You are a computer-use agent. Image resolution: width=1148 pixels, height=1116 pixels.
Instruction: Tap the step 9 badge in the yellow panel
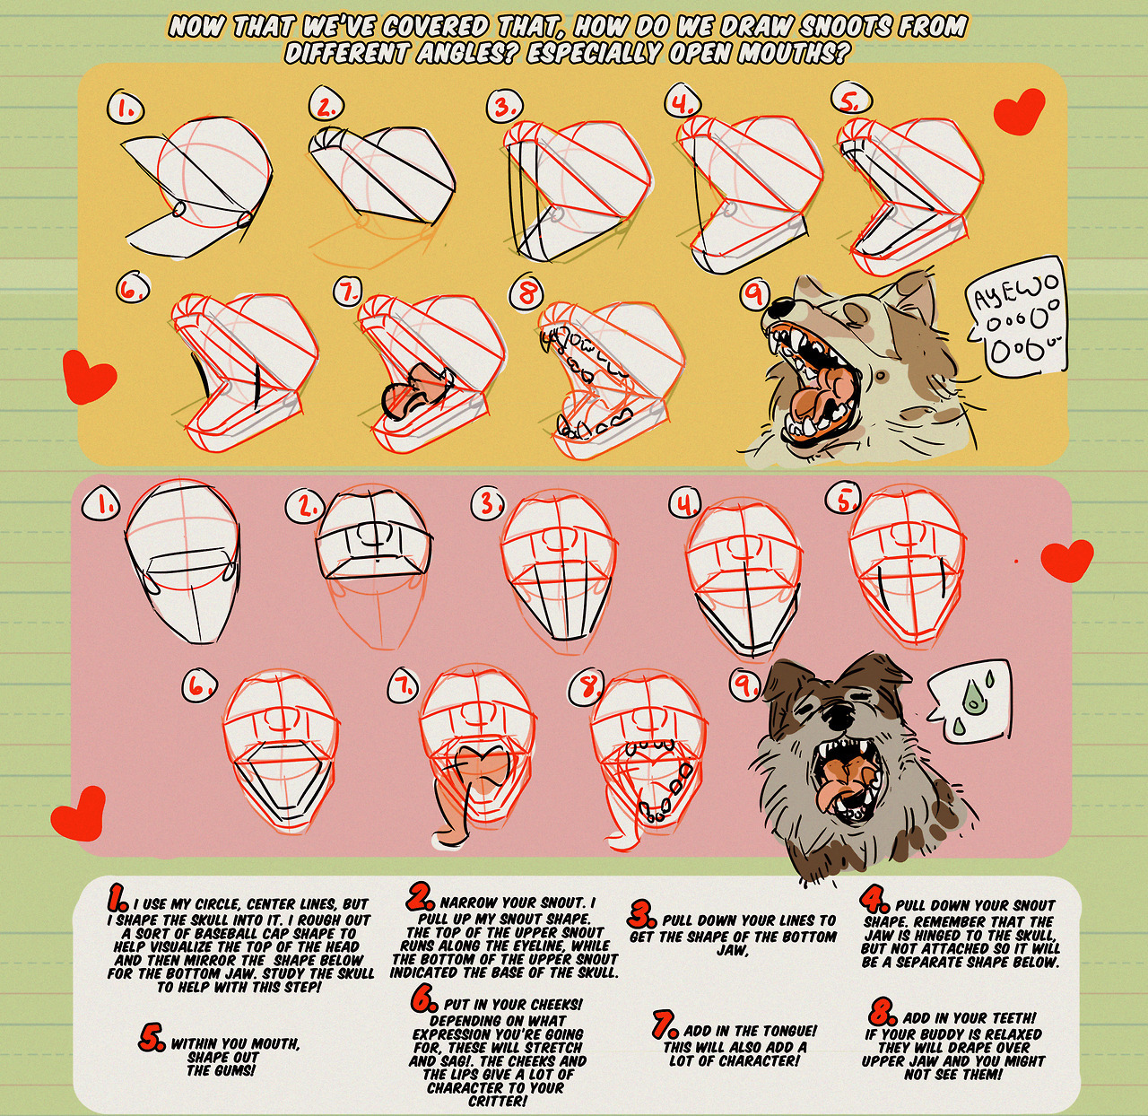point(758,295)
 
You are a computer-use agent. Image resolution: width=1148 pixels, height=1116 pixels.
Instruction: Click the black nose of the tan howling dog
point(782,307)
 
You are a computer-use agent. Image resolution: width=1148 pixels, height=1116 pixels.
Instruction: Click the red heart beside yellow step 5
point(1019,110)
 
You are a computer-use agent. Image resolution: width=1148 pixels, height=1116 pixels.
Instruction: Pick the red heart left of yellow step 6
point(89,375)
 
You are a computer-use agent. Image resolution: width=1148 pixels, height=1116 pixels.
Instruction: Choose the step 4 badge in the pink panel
point(685,504)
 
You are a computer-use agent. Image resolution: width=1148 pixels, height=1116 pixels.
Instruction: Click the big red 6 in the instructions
point(423,1000)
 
